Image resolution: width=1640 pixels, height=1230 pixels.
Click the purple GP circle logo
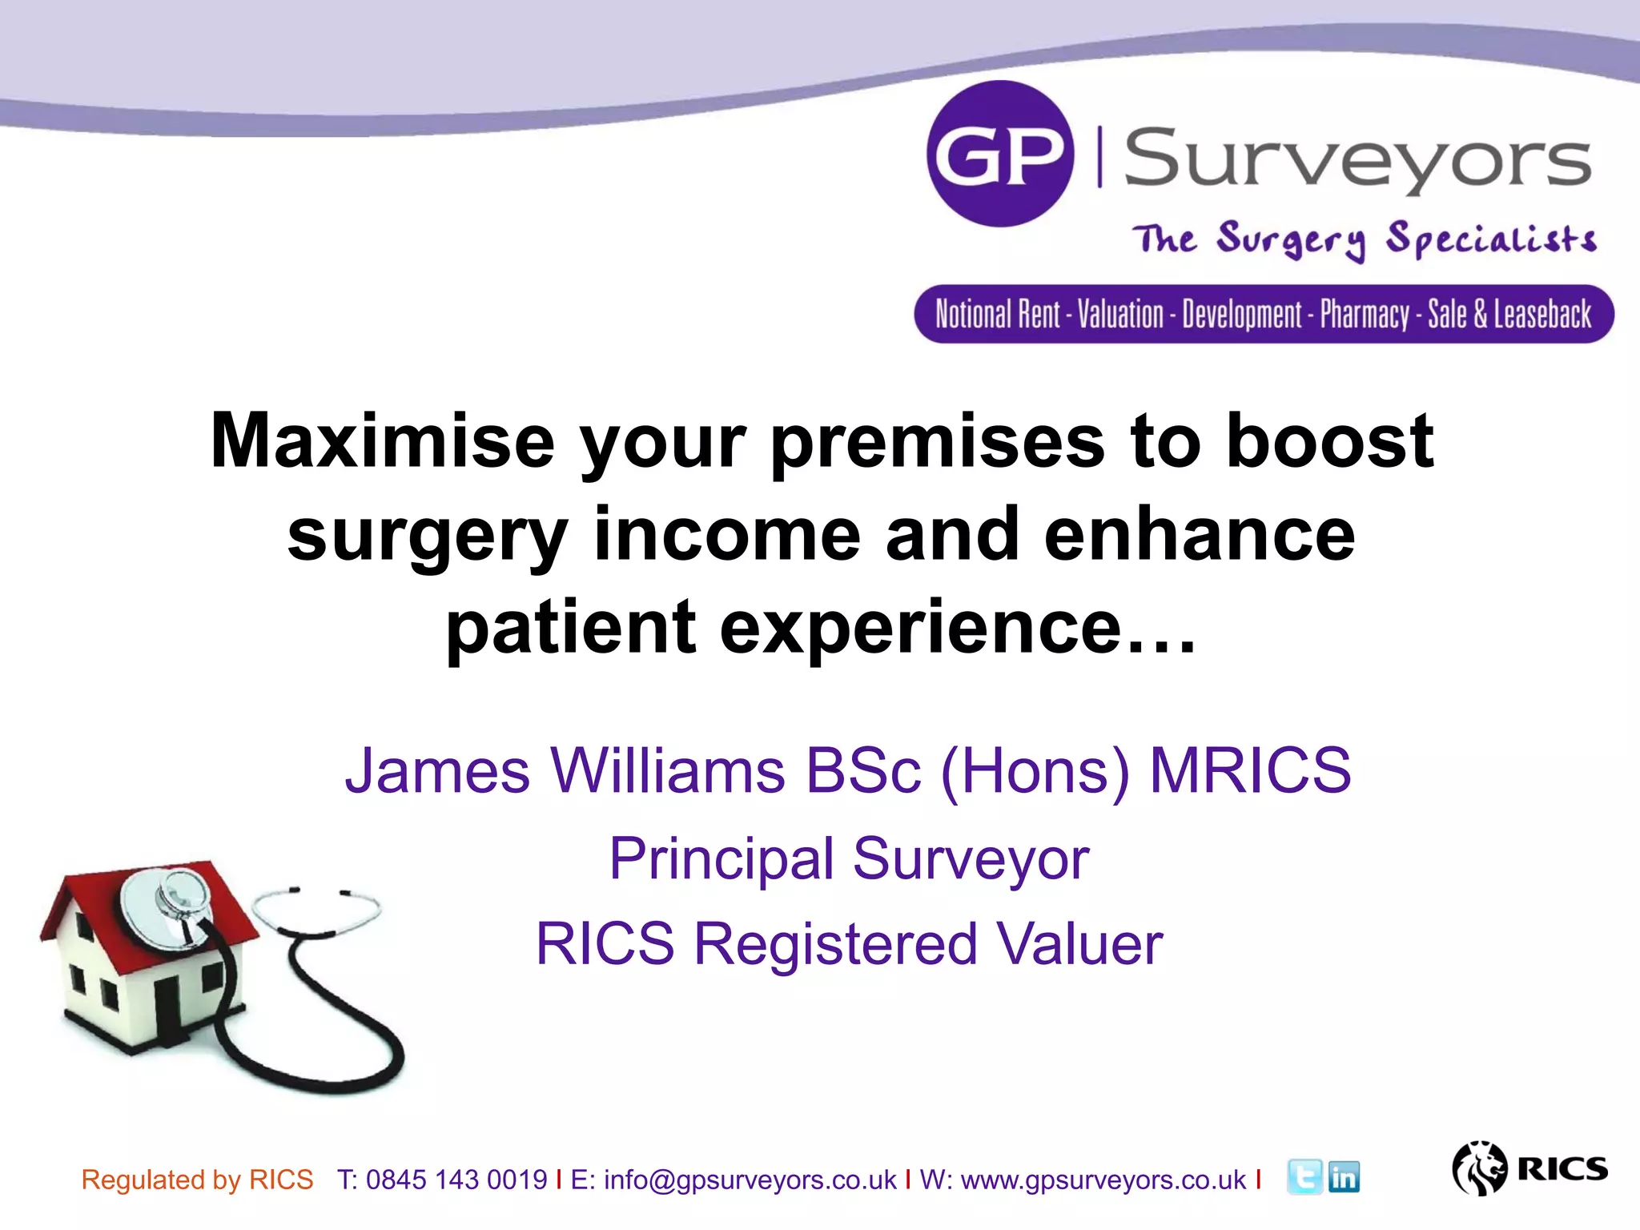[x=999, y=154]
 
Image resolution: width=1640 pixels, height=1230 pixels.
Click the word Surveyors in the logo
[x=1357, y=159]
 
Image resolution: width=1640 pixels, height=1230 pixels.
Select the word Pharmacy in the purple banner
[x=1365, y=314]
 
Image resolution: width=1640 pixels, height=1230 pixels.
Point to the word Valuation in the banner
[x=1119, y=314]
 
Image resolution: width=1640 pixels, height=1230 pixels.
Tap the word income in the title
[x=727, y=535]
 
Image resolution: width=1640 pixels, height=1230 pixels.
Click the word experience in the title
[x=920, y=628]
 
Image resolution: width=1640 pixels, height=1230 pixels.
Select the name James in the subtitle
[x=437, y=770]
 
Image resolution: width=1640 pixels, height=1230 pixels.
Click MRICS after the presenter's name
[x=1250, y=770]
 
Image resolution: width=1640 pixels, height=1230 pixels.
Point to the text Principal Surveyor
[x=849, y=858]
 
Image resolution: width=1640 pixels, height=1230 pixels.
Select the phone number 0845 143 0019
[x=456, y=1180]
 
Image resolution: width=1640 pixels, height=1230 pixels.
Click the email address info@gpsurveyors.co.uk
[x=750, y=1180]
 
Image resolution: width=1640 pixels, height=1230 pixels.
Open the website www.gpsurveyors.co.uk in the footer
[x=1103, y=1180]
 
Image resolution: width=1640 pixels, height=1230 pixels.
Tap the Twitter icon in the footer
[x=1304, y=1177]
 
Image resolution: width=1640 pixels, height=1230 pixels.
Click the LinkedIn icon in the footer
[x=1344, y=1177]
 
